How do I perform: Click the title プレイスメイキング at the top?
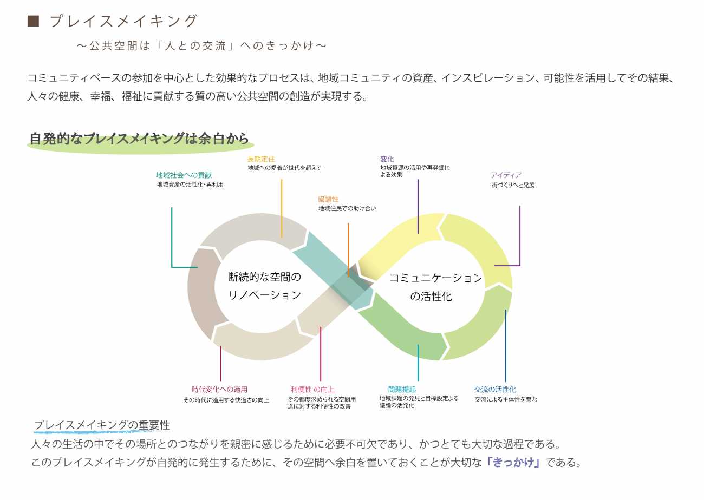click(x=123, y=21)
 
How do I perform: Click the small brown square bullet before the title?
click(x=33, y=21)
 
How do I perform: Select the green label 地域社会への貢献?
click(x=184, y=175)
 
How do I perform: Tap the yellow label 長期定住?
click(x=261, y=159)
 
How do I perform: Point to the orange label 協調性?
click(x=328, y=199)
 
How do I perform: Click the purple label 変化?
click(x=387, y=159)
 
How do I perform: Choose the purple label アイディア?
click(x=506, y=175)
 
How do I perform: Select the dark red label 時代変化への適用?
click(x=219, y=390)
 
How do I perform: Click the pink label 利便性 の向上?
click(x=312, y=390)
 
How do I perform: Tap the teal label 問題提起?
click(x=402, y=390)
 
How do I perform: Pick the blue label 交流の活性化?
click(x=495, y=390)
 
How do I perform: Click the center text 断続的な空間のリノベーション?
click(x=264, y=286)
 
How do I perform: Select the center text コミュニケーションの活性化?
click(x=435, y=287)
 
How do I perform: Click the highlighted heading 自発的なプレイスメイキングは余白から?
click(x=139, y=139)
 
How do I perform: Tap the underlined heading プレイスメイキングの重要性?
click(x=102, y=425)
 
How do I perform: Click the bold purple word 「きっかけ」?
click(x=513, y=463)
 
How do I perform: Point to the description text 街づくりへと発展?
click(x=513, y=185)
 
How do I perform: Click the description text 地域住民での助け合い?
click(x=347, y=208)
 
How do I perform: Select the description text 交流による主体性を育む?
click(x=506, y=400)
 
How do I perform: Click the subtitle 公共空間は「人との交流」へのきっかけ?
click(x=201, y=45)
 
